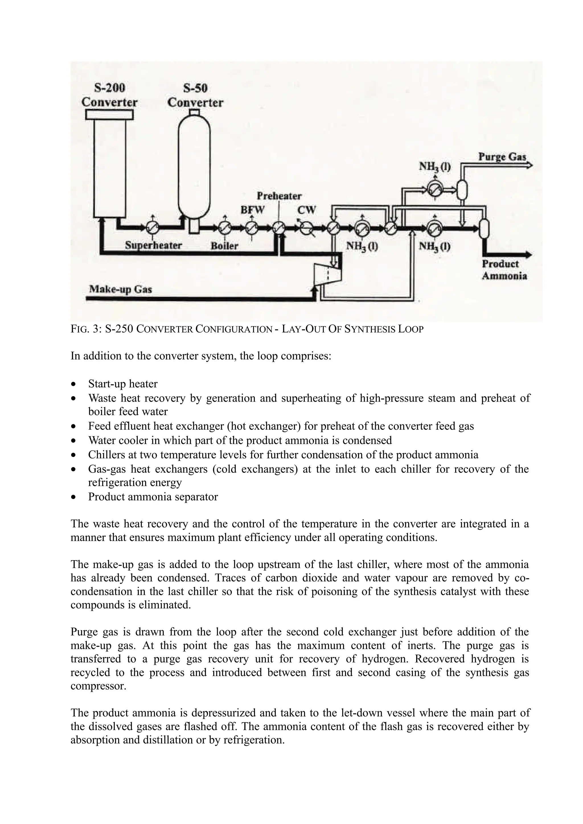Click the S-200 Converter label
tap(109, 95)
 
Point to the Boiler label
tap(225, 246)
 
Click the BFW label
tap(252, 210)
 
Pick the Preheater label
tap(279, 196)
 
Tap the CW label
tap(306, 210)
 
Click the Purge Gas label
tap(502, 157)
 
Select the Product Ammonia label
tap(504, 270)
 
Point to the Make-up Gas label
tap(120, 289)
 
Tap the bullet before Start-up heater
tap(74, 384)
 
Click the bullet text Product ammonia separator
tap(153, 497)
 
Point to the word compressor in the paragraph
tap(98, 686)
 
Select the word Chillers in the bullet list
tap(103, 455)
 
